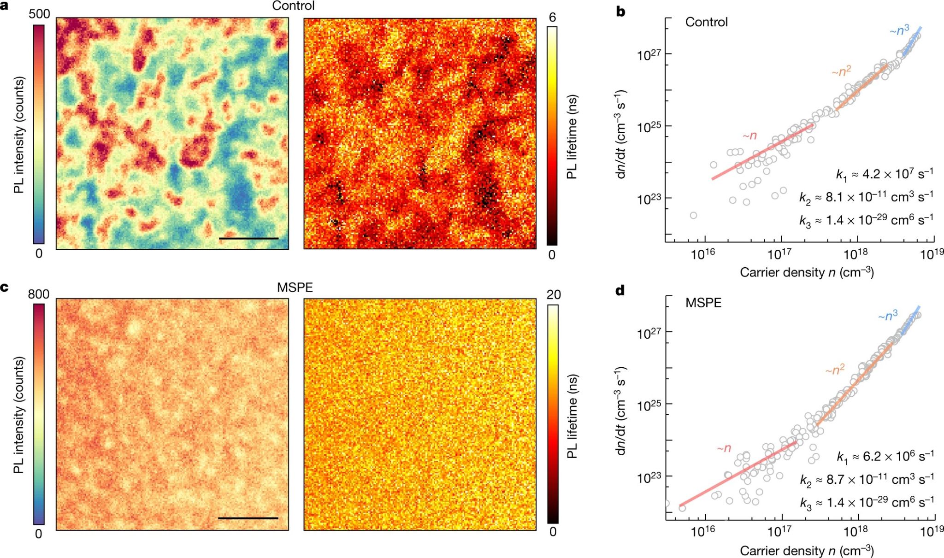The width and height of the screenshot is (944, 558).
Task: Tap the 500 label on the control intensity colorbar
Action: click(x=39, y=14)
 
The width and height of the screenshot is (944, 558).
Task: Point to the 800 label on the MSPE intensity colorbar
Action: click(x=39, y=294)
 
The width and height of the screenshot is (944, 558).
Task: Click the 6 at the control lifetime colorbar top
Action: click(x=552, y=18)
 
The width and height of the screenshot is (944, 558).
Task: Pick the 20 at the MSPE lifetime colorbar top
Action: click(x=554, y=295)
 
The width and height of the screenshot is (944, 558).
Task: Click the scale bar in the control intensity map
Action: click(x=249, y=238)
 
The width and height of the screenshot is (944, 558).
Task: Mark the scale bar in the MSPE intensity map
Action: click(x=248, y=518)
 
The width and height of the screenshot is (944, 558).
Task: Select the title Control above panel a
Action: click(x=294, y=6)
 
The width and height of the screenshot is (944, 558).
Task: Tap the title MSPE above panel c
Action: click(x=295, y=288)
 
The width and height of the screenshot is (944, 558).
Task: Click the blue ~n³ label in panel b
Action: click(x=899, y=30)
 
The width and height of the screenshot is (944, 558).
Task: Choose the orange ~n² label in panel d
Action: click(x=835, y=370)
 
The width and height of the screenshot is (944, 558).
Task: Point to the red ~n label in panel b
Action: click(x=749, y=135)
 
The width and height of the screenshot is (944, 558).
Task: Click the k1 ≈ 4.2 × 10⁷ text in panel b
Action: click(x=885, y=174)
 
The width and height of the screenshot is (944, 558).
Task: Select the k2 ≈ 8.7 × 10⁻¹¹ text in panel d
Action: click(x=867, y=479)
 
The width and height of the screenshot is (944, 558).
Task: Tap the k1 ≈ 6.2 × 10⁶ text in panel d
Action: click(x=885, y=457)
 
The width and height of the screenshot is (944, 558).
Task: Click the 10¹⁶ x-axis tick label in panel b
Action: click(x=703, y=254)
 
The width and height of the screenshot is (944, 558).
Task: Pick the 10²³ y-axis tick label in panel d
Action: click(x=649, y=477)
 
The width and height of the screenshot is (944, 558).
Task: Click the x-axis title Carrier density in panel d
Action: click(x=807, y=551)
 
